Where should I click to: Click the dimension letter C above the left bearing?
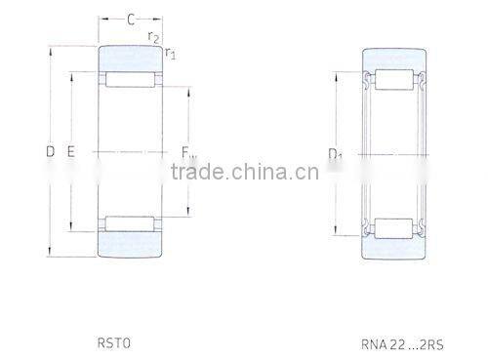pos(130,19)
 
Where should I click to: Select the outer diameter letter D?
pos(50,151)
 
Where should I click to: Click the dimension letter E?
pos(71,151)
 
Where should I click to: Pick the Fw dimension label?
pos(187,151)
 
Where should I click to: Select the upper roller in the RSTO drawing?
pos(130,80)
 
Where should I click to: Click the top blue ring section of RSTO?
pos(130,59)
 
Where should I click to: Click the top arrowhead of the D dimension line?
pos(51,49)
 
